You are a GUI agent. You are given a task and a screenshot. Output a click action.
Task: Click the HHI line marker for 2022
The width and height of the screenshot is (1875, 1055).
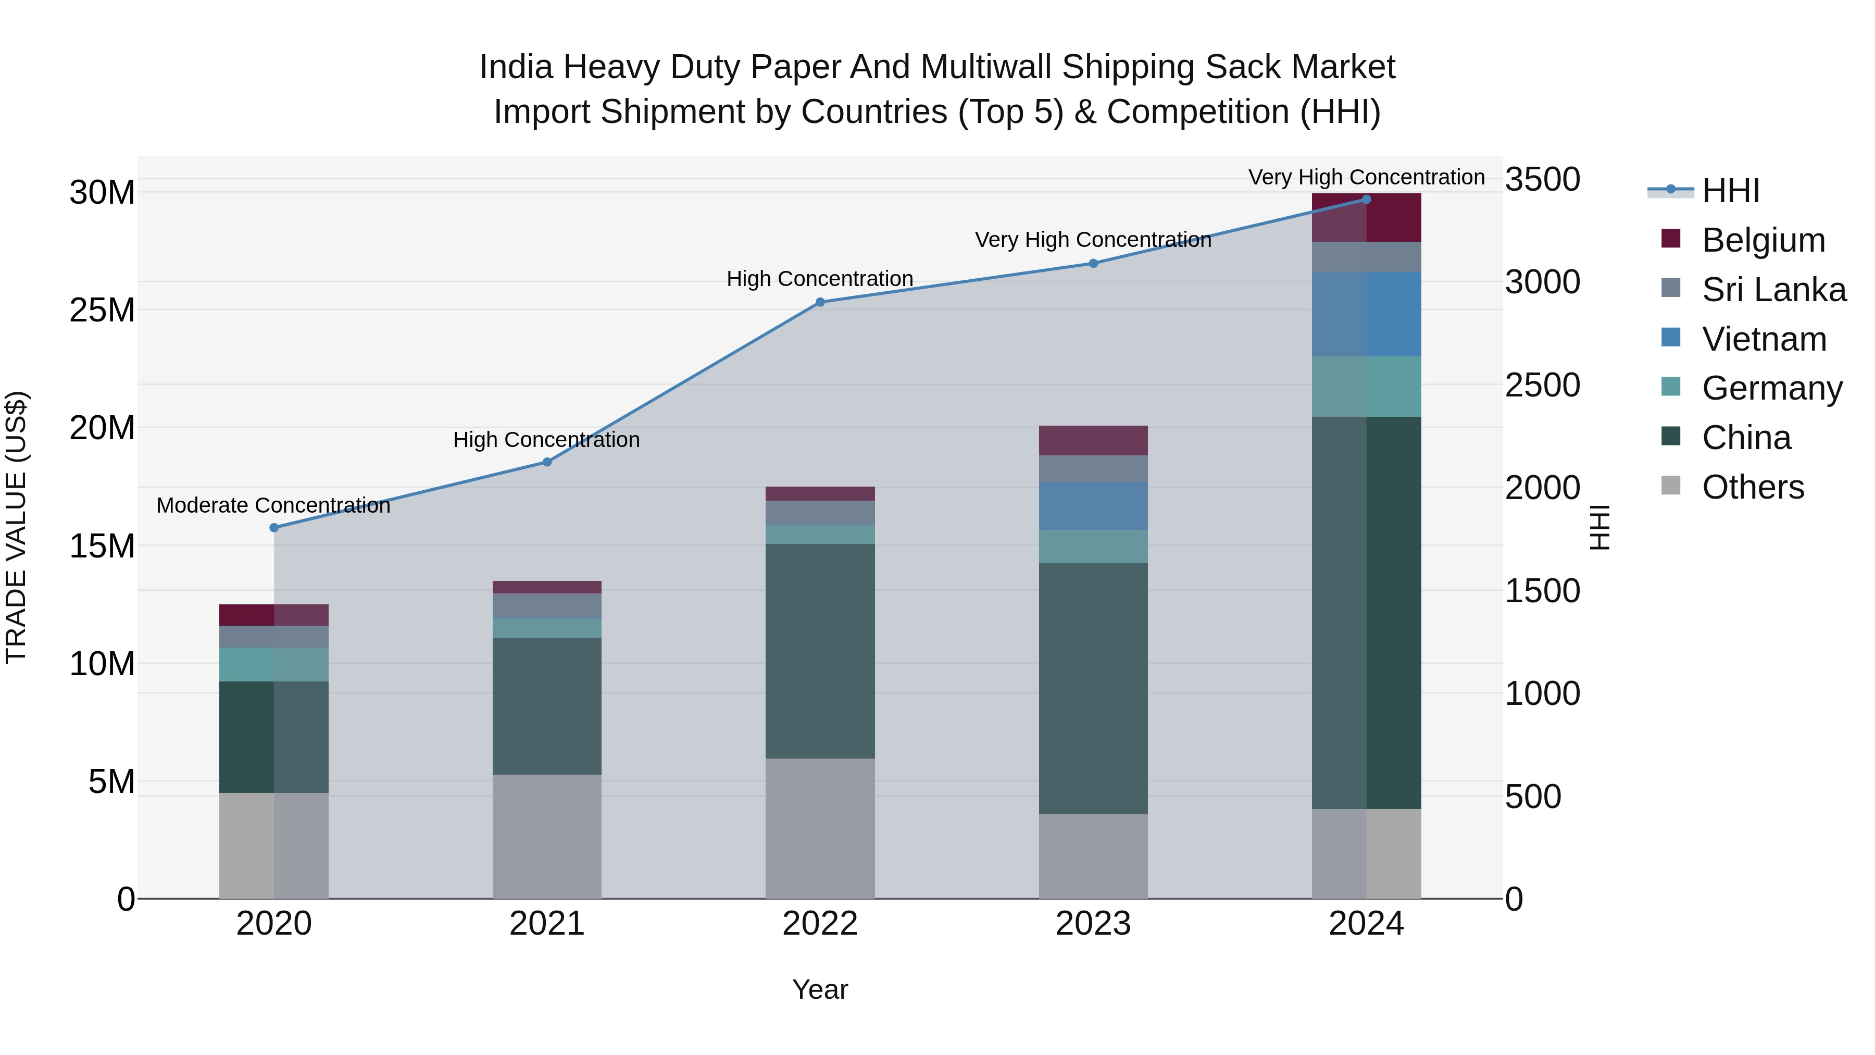tap(820, 302)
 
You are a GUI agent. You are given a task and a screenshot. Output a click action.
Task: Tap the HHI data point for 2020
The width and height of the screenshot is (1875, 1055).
tap(273, 528)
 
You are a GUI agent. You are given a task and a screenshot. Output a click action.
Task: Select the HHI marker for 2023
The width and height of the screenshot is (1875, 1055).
tap(1093, 264)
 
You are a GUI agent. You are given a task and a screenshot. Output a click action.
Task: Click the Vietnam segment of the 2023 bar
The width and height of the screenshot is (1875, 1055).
tap(1093, 506)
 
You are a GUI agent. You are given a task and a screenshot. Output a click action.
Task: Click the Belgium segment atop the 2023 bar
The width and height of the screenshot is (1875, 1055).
tap(1093, 440)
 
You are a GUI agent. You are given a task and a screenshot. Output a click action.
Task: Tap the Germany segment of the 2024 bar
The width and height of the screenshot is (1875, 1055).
tap(1366, 387)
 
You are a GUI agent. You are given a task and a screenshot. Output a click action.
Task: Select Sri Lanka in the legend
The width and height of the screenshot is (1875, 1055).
tap(1773, 290)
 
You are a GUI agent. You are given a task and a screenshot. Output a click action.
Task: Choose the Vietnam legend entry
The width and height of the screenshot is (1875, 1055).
tap(1764, 339)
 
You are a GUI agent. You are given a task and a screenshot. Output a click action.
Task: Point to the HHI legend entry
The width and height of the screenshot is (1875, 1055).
tap(1730, 191)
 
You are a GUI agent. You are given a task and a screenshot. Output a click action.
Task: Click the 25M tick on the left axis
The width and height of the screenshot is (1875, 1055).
tap(102, 310)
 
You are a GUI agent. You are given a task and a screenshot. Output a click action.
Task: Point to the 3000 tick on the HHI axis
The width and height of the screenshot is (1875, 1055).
tap(1542, 282)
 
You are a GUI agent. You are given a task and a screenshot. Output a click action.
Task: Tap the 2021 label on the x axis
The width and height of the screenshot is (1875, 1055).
tap(547, 924)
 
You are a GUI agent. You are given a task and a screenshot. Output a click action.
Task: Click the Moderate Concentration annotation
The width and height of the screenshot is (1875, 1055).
tap(273, 505)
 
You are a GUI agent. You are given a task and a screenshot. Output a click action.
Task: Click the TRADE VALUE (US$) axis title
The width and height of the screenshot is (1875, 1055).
tap(16, 527)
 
